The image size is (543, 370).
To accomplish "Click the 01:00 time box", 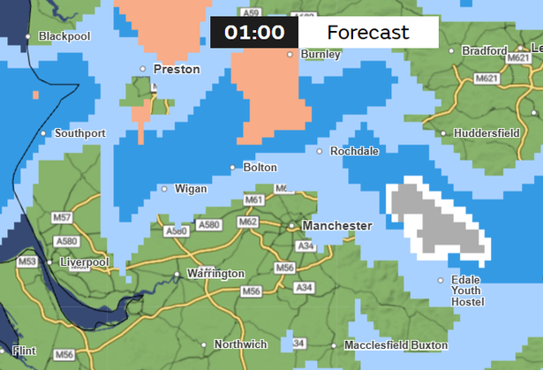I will pyautogui.click(x=253, y=33).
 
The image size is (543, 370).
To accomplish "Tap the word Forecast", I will pyautogui.click(x=368, y=33).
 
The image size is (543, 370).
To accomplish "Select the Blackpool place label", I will pyautogui.click(x=64, y=37).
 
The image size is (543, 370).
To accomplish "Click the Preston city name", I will pyautogui.click(x=177, y=69).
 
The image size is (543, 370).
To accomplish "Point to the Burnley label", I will pyautogui.click(x=321, y=55).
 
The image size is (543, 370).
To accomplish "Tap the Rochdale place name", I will pyautogui.click(x=354, y=152).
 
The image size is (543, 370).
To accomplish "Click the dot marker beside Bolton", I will pyautogui.click(x=233, y=167).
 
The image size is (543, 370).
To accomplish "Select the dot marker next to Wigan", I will pyautogui.click(x=164, y=188).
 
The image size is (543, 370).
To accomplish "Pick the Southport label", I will pyautogui.click(x=79, y=134).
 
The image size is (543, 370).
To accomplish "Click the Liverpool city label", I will pyautogui.click(x=83, y=263).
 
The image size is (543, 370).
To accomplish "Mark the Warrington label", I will pyautogui.click(x=215, y=275).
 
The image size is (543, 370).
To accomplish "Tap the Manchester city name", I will pyautogui.click(x=336, y=226).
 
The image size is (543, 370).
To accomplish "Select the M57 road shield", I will pyautogui.click(x=63, y=217).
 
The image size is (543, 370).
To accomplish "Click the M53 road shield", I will pyautogui.click(x=27, y=262).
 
